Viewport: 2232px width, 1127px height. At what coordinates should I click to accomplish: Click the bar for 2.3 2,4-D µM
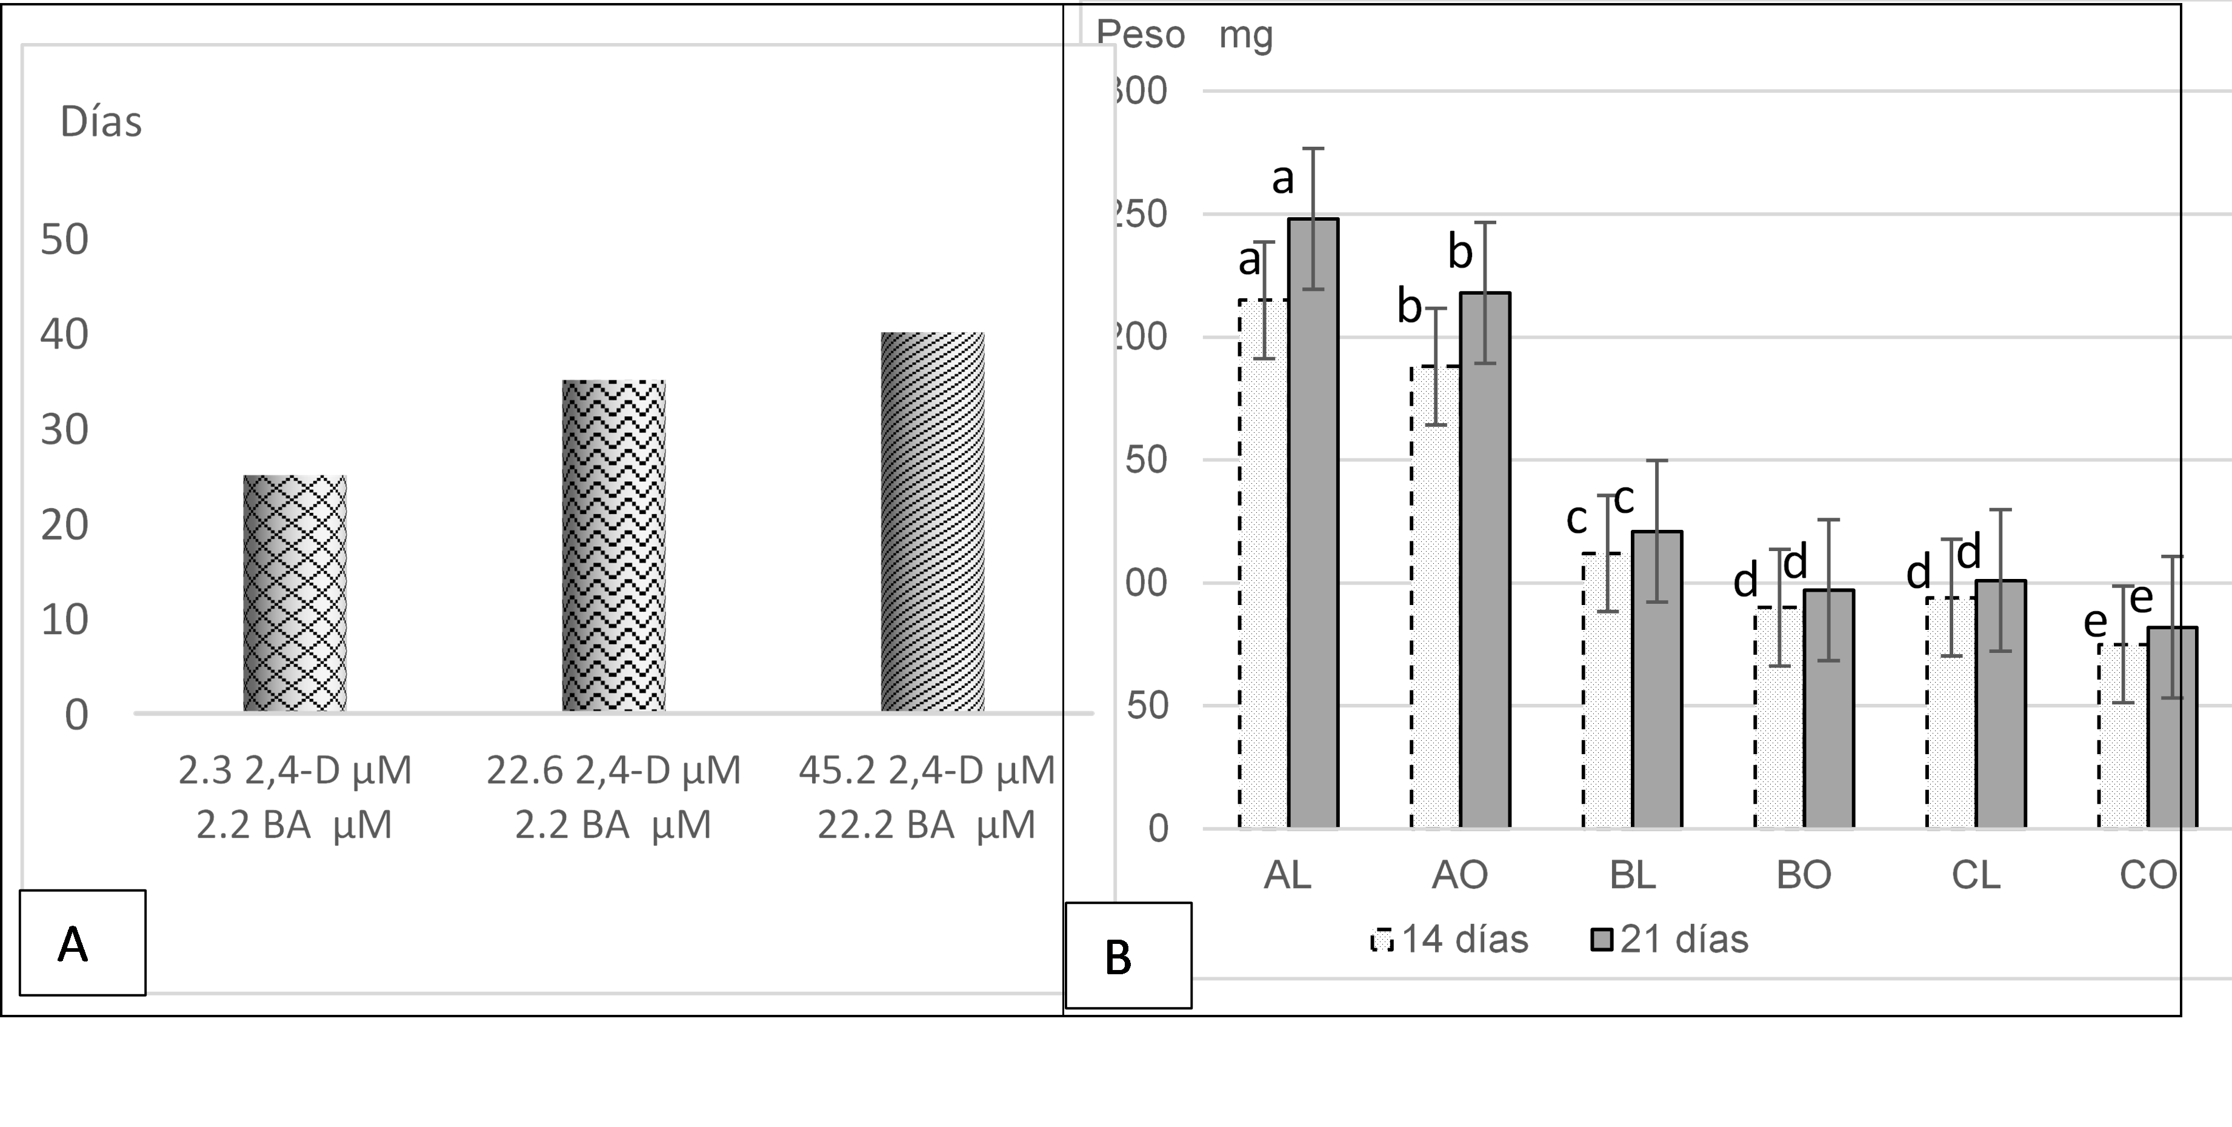[x=295, y=594]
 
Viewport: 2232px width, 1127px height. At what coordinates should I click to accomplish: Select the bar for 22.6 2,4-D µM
[x=613, y=546]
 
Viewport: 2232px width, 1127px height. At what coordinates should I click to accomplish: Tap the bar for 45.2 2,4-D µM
[x=932, y=522]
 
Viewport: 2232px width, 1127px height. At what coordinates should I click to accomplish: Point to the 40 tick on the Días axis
[x=65, y=335]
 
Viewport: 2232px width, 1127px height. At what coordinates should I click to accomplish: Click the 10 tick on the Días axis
[x=65, y=621]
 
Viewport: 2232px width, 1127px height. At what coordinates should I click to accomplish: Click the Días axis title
[x=101, y=123]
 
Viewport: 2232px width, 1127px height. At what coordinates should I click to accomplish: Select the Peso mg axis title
[x=1184, y=36]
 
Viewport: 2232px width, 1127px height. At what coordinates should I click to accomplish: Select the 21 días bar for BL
[x=1657, y=680]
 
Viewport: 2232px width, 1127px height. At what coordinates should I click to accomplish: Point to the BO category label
[x=1804, y=875]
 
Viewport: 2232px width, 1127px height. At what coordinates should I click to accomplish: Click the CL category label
[x=1976, y=875]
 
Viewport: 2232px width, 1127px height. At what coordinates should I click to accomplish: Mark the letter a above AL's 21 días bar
[x=1282, y=179]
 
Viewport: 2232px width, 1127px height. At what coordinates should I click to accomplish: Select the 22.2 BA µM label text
[x=925, y=824]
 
